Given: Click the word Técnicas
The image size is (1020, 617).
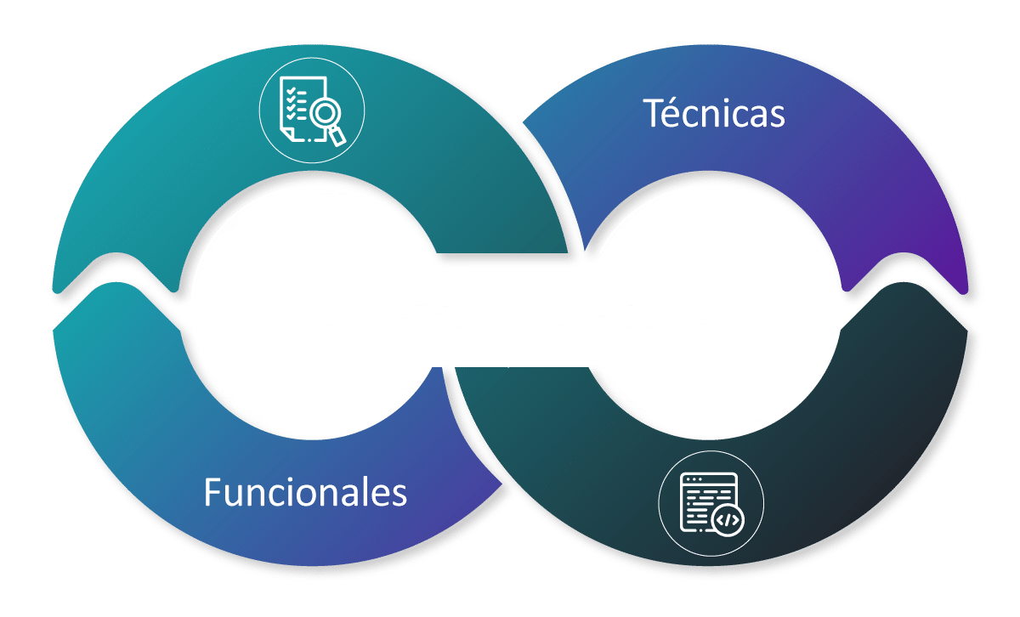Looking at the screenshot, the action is click(x=713, y=112).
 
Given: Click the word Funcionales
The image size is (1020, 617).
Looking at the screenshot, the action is click(x=305, y=492).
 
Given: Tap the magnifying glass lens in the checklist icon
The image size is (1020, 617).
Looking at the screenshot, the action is click(x=325, y=113).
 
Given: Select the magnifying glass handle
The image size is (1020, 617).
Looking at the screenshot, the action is click(x=337, y=136).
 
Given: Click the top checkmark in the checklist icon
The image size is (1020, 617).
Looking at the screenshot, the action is click(x=291, y=91).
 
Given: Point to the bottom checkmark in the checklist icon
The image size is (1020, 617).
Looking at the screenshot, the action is click(x=291, y=116).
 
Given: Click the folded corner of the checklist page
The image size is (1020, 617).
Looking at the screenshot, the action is click(x=287, y=134).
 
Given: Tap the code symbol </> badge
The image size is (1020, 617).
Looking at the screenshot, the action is click(x=728, y=519).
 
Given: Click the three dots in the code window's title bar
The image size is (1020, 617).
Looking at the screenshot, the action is click(x=694, y=479).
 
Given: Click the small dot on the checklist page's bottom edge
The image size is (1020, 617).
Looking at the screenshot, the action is click(x=309, y=140).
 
